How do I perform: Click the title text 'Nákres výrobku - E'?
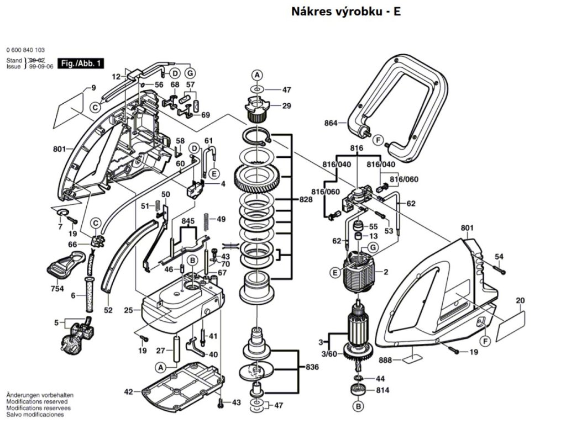pos(345,12)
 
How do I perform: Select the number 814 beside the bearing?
pos(382,390)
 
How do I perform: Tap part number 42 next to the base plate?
pos(128,391)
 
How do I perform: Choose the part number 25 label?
pos(128,311)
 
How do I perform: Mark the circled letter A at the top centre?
pos(256,75)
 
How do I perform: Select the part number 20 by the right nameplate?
pos(520,301)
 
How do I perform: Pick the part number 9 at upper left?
pos(93,88)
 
